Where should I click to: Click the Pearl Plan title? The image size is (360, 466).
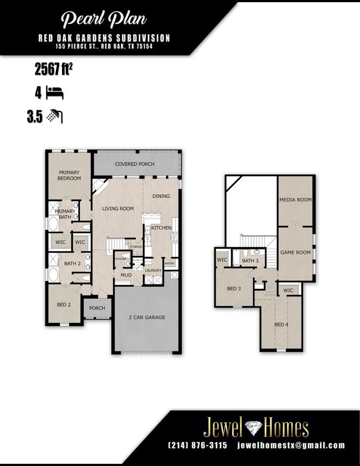(104, 19)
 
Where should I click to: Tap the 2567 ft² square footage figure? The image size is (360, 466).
(54, 70)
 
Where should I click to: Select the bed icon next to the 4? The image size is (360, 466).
(55, 93)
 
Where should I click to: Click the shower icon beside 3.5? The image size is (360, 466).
(55, 116)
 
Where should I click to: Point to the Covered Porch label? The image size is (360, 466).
(135, 164)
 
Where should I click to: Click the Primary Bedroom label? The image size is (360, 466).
(69, 175)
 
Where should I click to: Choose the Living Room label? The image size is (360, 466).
(118, 209)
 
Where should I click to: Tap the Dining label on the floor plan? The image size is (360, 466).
(161, 196)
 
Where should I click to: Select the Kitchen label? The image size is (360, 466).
(161, 228)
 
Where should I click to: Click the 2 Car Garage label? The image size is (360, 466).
(147, 318)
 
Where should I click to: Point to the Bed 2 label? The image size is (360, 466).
(64, 305)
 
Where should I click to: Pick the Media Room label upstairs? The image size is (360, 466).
(295, 200)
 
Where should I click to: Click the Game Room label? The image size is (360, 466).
(295, 253)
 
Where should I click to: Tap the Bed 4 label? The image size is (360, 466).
(281, 325)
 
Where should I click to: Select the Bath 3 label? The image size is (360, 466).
(250, 261)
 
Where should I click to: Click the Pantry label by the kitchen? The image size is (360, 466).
(169, 263)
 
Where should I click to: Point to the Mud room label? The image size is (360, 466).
(126, 275)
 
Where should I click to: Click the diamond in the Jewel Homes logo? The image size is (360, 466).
(254, 427)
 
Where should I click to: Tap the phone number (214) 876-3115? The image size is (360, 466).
(198, 445)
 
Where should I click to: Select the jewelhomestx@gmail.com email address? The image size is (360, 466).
(291, 445)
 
